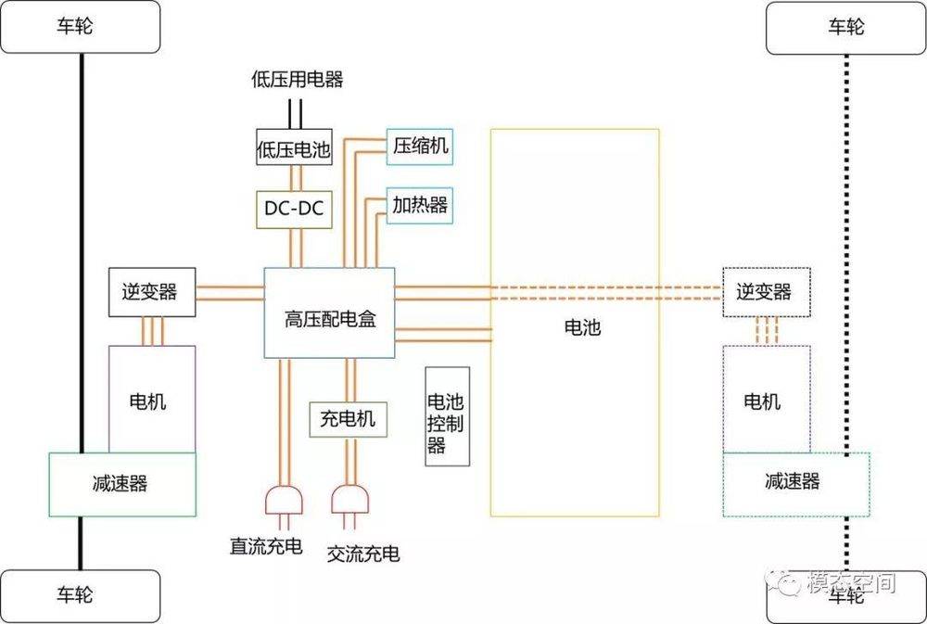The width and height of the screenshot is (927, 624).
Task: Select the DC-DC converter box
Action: tap(294, 210)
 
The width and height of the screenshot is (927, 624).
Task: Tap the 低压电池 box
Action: tap(294, 149)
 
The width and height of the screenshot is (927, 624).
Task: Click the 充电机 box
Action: tap(348, 418)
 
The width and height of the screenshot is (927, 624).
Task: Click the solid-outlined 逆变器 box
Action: tap(151, 292)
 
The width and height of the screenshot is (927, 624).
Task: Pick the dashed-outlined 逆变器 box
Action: tap(766, 292)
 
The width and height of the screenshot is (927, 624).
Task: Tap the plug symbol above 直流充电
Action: tap(283, 501)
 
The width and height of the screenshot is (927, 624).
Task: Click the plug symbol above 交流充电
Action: tap(350, 501)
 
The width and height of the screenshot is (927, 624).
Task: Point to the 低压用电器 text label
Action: tap(297, 80)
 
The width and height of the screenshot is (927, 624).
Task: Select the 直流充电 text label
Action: tap(266, 546)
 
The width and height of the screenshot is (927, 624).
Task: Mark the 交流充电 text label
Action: tap(363, 554)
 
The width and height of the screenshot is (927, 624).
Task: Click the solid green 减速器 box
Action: tap(121, 484)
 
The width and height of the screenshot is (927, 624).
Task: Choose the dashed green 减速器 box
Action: tap(795, 484)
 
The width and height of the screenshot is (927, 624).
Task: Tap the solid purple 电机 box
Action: tap(151, 400)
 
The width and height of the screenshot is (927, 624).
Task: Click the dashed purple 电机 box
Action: tap(765, 400)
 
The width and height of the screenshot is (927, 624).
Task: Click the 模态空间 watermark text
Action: tap(850, 583)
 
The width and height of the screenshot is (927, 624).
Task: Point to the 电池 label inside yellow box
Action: tap(582, 327)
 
